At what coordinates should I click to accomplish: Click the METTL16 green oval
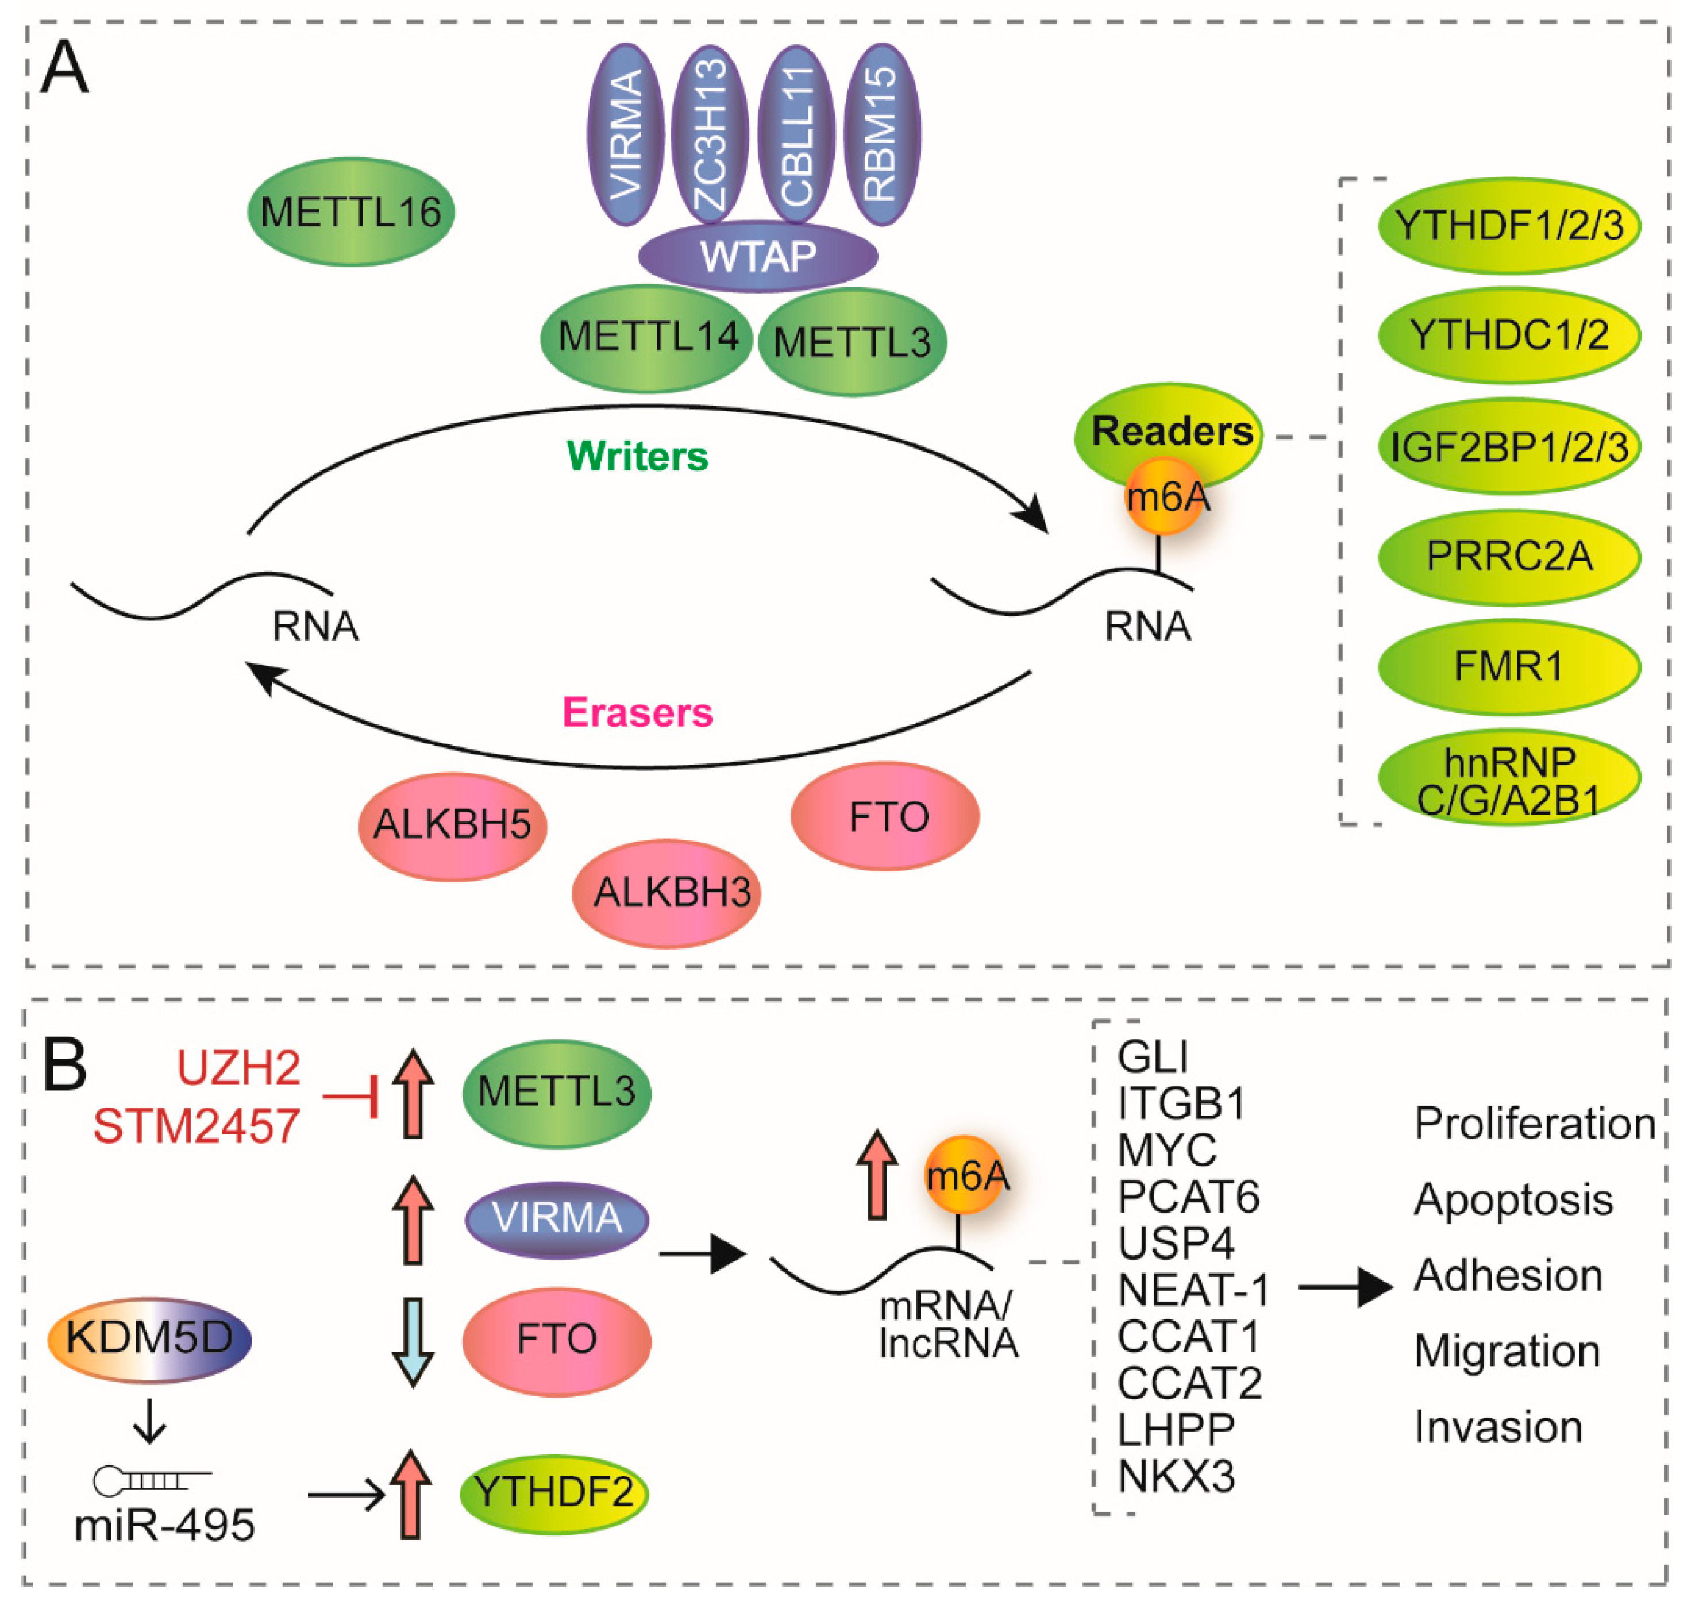(351, 211)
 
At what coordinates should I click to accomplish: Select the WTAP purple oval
(757, 256)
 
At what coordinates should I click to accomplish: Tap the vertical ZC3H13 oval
(710, 135)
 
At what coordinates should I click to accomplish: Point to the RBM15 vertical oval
(881, 135)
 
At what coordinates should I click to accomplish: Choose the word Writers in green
(637, 456)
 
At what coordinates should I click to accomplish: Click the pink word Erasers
(637, 712)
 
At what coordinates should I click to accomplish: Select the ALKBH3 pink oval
(667, 893)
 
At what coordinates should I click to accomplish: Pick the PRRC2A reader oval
(1508, 556)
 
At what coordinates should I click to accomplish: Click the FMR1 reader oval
(1508, 666)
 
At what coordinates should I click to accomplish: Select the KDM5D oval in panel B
(149, 1337)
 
